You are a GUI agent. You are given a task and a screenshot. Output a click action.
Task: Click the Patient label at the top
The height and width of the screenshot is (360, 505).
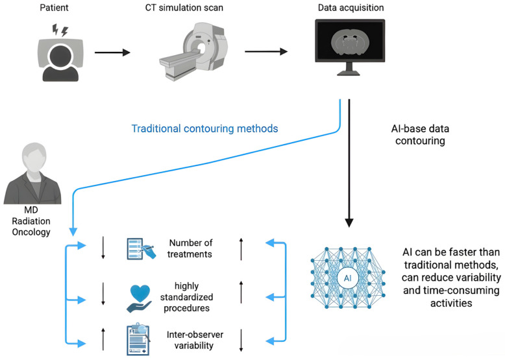pyautogui.click(x=54, y=7)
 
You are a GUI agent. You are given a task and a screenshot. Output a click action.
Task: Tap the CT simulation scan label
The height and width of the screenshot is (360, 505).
pyautogui.click(x=184, y=7)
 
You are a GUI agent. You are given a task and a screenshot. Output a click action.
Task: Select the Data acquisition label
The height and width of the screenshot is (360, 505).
pyautogui.click(x=351, y=8)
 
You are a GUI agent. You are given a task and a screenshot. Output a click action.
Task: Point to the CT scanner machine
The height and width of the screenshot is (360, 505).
pyautogui.click(x=193, y=51)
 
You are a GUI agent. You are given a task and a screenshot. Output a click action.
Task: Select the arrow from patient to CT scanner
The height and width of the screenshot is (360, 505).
pyautogui.click(x=112, y=53)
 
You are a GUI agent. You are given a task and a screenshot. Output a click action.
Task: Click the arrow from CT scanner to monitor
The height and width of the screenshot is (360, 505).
pyautogui.click(x=266, y=51)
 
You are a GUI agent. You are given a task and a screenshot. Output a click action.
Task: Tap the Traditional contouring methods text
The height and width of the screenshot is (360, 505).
pyautogui.click(x=205, y=128)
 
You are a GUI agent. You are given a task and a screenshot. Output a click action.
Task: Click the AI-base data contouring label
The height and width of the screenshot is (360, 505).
pyautogui.click(x=420, y=134)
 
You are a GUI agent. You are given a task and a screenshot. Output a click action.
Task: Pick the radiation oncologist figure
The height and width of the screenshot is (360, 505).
pyautogui.click(x=32, y=173)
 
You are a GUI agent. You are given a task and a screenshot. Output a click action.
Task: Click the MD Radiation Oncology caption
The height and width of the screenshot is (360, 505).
pyautogui.click(x=31, y=221)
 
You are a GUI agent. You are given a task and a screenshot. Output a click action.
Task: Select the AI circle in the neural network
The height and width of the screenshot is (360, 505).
pyautogui.click(x=347, y=278)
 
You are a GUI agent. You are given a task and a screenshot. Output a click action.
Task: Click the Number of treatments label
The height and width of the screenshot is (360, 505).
pyautogui.click(x=190, y=248)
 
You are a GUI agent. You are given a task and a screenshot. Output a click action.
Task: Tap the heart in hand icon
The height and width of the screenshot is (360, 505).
pyautogui.click(x=139, y=299)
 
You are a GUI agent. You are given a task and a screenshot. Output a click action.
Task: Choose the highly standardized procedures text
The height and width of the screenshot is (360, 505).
pyautogui.click(x=186, y=297)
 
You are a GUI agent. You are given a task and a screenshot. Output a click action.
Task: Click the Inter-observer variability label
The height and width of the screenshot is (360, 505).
pyautogui.click(x=195, y=340)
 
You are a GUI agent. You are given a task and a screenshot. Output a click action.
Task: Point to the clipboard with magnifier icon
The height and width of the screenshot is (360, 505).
pyautogui.click(x=138, y=339)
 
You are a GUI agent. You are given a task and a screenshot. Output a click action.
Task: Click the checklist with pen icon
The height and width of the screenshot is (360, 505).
pyautogui.click(x=142, y=248)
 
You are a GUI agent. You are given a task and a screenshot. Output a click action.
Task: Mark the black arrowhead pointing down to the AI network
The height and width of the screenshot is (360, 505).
pyautogui.click(x=349, y=222)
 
